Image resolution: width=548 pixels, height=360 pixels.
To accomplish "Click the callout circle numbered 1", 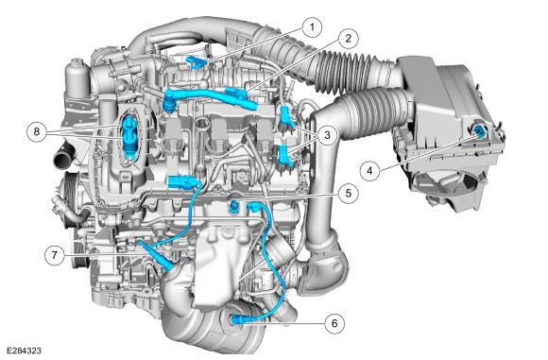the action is (312, 27).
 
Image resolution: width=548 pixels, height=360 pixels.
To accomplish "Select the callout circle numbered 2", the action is (348, 39).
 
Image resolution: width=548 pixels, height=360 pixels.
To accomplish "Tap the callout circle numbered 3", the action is (327, 134).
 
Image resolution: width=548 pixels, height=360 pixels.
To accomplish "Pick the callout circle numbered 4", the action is (369, 171).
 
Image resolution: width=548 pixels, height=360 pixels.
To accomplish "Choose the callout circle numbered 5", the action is (349, 194).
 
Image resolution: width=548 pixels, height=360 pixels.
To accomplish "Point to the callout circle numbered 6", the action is (334, 323).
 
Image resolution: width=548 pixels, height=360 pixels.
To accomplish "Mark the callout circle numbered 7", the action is (54, 255).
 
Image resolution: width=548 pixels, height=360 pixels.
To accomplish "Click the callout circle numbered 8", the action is (37, 131).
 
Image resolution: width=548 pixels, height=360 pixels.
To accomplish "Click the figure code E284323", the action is (24, 351).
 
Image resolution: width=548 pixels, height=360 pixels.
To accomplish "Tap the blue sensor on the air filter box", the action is (479, 131).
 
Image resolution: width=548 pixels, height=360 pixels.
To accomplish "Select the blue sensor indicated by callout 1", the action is (197, 61).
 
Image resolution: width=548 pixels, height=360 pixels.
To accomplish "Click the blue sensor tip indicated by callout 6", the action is (235, 319).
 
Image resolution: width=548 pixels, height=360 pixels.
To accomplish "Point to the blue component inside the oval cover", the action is (128, 137).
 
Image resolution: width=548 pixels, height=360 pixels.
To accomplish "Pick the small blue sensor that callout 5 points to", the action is (233, 205).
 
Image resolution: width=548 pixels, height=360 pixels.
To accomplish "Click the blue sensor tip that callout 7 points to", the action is (166, 266).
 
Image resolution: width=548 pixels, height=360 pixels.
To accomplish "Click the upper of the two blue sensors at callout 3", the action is (286, 117).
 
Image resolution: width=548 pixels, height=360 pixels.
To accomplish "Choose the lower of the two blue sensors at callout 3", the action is (285, 154).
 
